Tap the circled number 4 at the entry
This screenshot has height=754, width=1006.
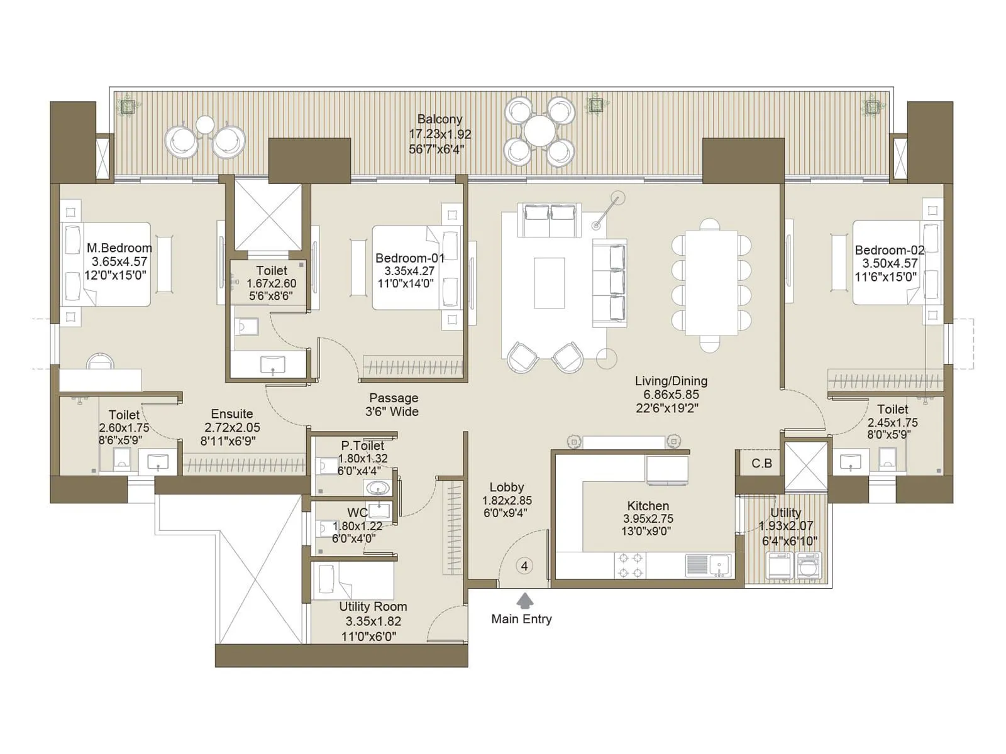(524, 566)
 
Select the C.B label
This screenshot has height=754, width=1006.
(761, 464)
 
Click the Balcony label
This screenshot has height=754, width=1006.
(439, 119)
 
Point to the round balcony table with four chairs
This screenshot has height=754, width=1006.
(539, 131)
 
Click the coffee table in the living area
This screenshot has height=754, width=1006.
(549, 283)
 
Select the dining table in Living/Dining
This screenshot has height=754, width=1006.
(711, 283)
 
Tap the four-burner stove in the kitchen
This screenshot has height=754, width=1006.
(630, 565)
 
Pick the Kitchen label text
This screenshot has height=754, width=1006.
(648, 506)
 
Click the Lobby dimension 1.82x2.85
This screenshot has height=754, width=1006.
(507, 500)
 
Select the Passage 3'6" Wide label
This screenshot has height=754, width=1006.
(393, 405)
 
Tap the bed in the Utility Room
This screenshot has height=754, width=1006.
(352, 581)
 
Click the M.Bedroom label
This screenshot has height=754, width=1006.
(119, 248)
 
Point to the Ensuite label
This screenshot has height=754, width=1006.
(232, 414)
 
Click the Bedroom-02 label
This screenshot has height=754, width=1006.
(889, 250)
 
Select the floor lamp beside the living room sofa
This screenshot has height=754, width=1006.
(607, 211)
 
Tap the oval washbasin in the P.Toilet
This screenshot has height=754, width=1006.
(377, 488)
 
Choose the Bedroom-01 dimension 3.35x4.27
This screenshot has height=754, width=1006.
(409, 271)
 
